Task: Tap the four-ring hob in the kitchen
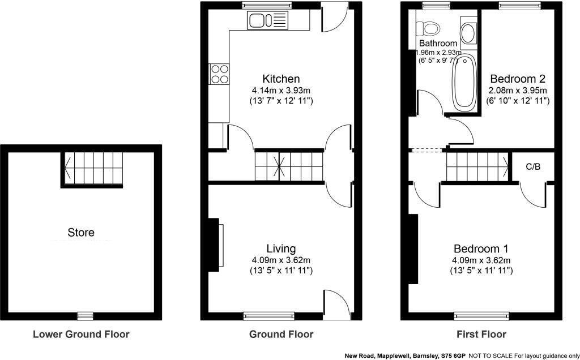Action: (219, 74)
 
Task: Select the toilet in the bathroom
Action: (429, 28)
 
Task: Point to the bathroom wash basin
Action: (468, 33)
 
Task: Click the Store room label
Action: (81, 232)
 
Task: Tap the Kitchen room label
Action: (281, 79)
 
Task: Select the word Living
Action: (281, 248)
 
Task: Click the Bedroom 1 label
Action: (481, 248)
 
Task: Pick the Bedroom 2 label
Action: (518, 79)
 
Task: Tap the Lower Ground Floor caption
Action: (81, 334)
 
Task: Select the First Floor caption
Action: (481, 334)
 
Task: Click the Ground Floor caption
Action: (281, 334)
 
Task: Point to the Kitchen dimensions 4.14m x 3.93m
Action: (281, 90)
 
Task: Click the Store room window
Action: (85, 316)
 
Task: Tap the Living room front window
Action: (269, 316)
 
